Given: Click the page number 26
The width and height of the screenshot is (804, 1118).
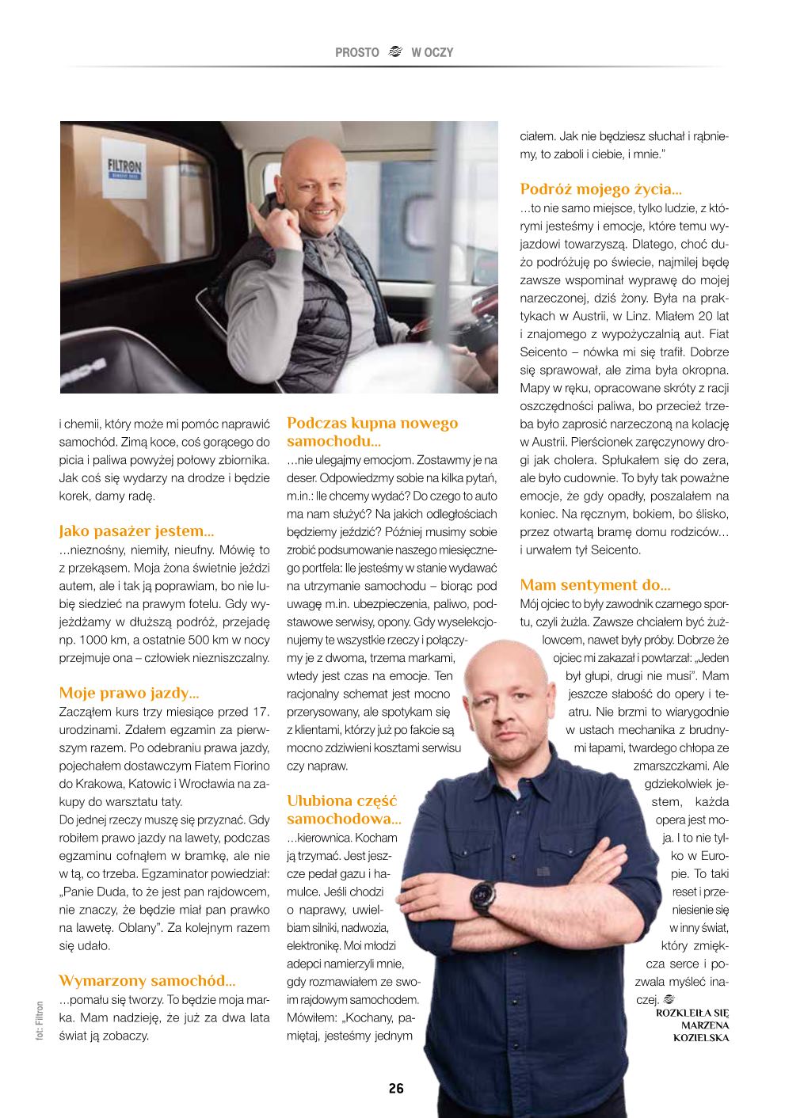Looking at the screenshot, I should (396, 1088).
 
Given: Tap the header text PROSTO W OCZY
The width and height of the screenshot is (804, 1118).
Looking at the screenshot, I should (394, 52).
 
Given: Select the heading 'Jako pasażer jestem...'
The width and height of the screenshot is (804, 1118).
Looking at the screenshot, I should (136, 530).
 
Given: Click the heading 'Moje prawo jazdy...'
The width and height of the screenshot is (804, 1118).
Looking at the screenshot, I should (128, 693).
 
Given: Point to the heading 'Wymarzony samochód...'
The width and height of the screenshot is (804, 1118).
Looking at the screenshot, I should (147, 981).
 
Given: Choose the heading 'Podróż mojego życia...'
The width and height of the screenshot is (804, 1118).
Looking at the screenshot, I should (600, 188).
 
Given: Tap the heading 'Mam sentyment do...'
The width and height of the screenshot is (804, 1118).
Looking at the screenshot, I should (595, 585).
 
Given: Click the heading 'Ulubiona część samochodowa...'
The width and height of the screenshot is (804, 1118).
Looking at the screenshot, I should (344, 809).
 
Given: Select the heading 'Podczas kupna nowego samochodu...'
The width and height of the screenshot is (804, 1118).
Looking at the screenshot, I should (372, 432).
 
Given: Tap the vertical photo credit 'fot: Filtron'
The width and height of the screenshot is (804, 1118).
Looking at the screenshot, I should (40, 1021).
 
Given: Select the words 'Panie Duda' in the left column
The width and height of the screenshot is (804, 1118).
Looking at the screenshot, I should (96, 892).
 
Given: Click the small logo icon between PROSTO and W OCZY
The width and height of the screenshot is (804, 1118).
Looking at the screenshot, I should (395, 52).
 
